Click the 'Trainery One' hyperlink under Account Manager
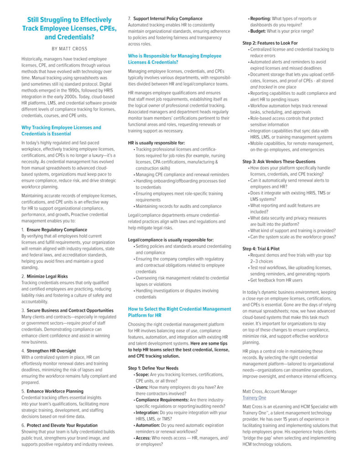click(254, 398)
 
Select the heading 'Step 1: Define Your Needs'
click(153, 368)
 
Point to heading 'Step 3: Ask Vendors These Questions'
click(279, 161)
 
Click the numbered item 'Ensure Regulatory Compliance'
click(57, 229)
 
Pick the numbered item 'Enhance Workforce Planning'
click(55, 391)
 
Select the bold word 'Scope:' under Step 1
click(142, 374)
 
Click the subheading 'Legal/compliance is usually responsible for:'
click(171, 239)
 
